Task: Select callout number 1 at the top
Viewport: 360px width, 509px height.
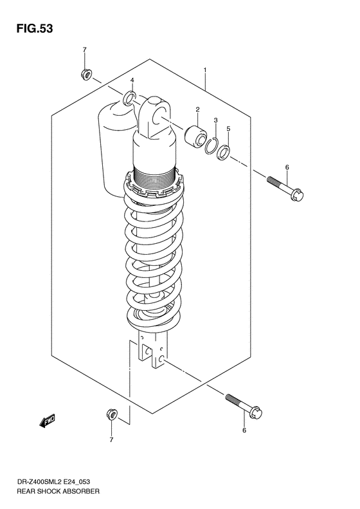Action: (x=205, y=69)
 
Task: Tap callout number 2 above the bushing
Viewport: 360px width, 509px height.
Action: (x=198, y=109)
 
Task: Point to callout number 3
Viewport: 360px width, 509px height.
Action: (x=217, y=120)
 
